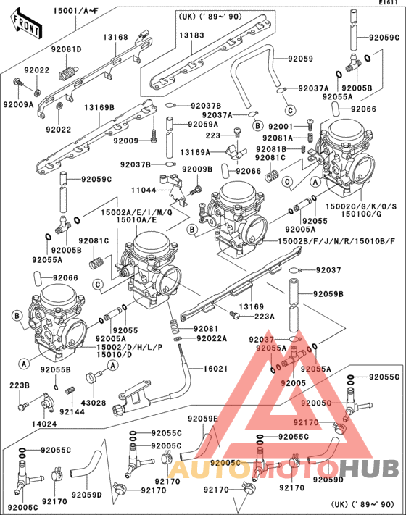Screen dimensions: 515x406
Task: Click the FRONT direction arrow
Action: click(x=25, y=27)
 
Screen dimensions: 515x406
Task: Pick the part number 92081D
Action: click(x=66, y=49)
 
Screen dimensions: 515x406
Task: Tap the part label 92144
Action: click(x=72, y=411)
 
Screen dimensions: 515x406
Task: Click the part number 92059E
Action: click(x=203, y=419)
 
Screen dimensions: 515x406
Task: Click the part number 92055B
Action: click(x=55, y=369)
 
